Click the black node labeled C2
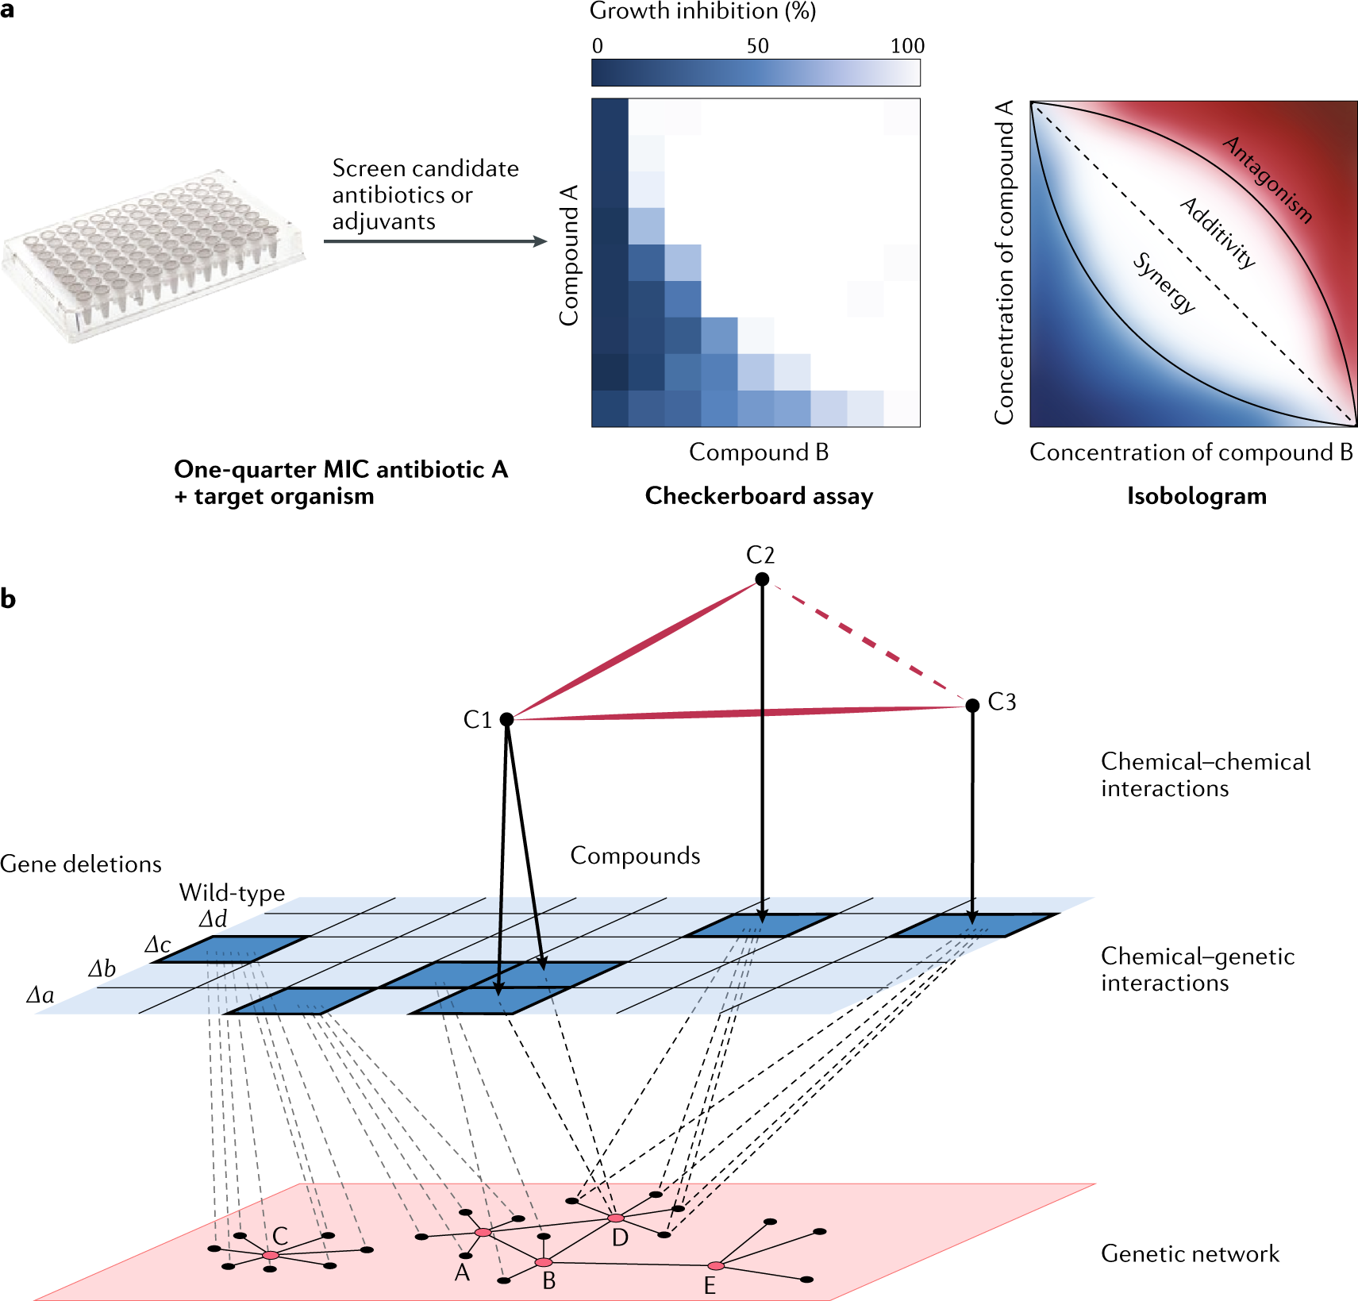click(762, 579)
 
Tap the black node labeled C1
click(507, 719)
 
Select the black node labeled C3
click(972, 705)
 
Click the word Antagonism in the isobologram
click(1268, 179)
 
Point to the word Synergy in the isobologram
click(1164, 283)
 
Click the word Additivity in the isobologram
click(1218, 233)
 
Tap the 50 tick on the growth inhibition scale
click(757, 46)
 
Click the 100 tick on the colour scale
click(906, 46)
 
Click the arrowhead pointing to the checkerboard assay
click(541, 241)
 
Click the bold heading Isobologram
click(1196, 496)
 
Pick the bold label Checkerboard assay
click(759, 496)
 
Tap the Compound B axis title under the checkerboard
click(759, 452)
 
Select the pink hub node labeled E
click(715, 1265)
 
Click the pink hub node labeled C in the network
click(271, 1255)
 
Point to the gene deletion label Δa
click(40, 995)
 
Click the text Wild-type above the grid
click(232, 892)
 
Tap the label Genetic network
click(1190, 1254)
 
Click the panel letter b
click(9, 599)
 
